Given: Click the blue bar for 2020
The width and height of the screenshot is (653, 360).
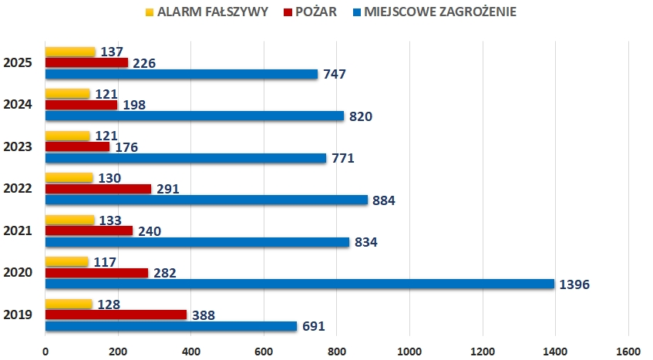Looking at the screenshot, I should (x=299, y=284).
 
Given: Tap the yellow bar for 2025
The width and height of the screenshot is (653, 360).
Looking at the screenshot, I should (x=70, y=52).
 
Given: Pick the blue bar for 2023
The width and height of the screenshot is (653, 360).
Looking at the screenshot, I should (x=186, y=158).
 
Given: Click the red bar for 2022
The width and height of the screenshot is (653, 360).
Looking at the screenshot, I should (x=98, y=188).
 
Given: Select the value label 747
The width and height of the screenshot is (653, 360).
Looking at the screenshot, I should (x=335, y=75).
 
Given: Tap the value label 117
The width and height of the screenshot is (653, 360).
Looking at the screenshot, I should (x=103, y=262).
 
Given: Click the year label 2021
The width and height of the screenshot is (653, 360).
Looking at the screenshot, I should (x=17, y=230).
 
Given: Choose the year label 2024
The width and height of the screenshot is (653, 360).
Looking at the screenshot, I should (x=17, y=104).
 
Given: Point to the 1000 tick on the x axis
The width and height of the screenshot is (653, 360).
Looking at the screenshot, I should (x=409, y=352).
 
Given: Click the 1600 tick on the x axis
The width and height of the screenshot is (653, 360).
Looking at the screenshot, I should (x=628, y=352).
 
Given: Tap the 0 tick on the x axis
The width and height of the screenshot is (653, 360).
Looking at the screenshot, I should (x=45, y=352).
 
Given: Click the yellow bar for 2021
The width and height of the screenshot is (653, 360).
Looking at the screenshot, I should (x=70, y=220).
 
